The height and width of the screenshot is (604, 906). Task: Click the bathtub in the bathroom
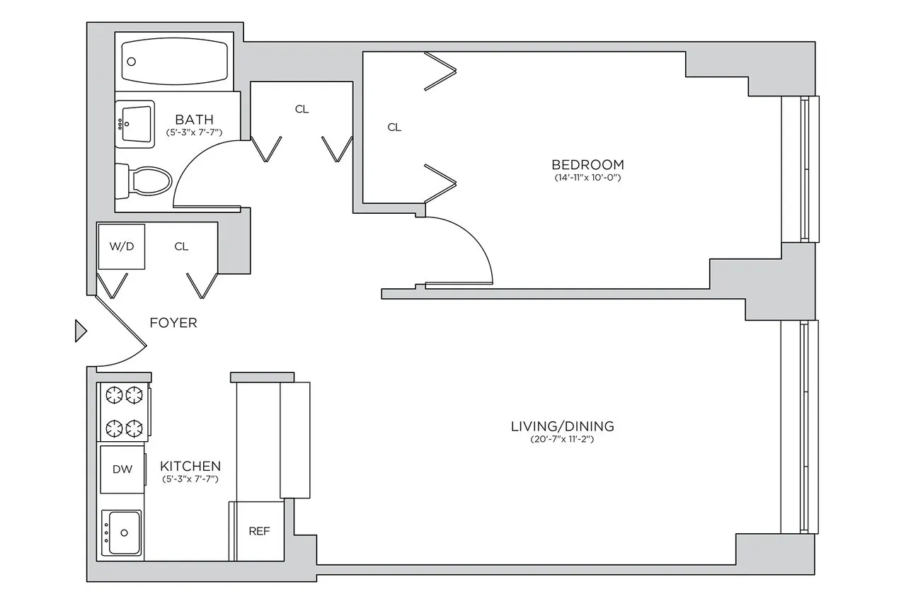[176, 62]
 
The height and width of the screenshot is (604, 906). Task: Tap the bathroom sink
[134, 124]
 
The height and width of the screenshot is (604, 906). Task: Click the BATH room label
[194, 120]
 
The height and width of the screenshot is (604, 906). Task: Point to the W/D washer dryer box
[121, 246]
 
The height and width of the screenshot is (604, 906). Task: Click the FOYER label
[173, 323]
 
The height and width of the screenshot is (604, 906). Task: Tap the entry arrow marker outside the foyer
[81, 331]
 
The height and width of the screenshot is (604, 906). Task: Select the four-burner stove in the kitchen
[125, 411]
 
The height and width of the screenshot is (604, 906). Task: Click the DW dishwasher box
[122, 469]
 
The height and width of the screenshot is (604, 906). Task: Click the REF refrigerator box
[259, 531]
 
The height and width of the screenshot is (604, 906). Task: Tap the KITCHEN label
[190, 467]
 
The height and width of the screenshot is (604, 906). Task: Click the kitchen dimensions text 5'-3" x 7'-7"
[190, 479]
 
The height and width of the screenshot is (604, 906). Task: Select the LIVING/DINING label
[562, 426]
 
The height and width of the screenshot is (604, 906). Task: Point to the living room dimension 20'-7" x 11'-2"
[562, 440]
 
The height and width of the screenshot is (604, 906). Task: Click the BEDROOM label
[588, 165]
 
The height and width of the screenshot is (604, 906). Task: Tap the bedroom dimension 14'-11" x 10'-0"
[588, 178]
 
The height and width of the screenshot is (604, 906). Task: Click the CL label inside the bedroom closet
[394, 127]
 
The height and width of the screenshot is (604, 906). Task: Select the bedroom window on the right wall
[804, 169]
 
